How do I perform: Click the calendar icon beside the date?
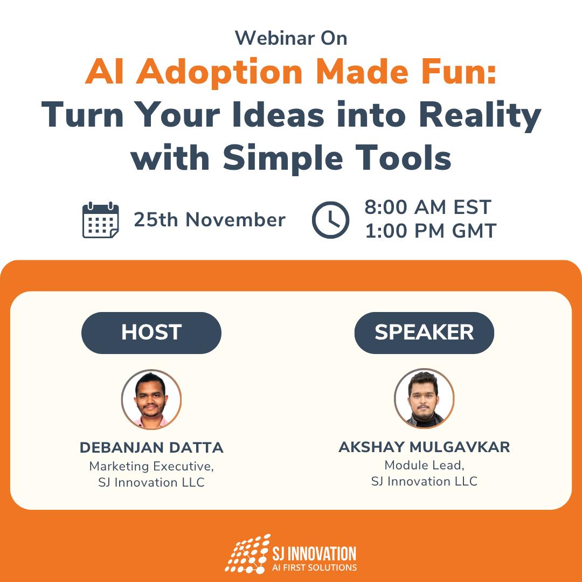click(101, 220)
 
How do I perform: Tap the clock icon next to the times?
click(330, 220)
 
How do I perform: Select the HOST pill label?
click(151, 332)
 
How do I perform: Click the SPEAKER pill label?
click(424, 332)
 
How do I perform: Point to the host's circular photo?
click(151, 399)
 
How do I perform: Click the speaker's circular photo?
click(424, 398)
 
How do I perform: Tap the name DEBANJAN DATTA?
click(151, 448)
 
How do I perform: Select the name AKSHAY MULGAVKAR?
click(424, 447)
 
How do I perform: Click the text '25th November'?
click(210, 220)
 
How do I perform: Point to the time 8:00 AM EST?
click(428, 207)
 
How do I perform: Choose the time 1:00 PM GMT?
click(431, 231)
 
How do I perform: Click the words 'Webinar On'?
click(291, 38)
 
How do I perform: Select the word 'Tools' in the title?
click(403, 158)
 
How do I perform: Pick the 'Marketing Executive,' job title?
click(151, 466)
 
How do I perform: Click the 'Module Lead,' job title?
click(424, 465)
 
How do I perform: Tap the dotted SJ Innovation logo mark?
click(247, 554)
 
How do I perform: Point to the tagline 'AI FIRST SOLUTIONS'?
click(314, 567)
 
